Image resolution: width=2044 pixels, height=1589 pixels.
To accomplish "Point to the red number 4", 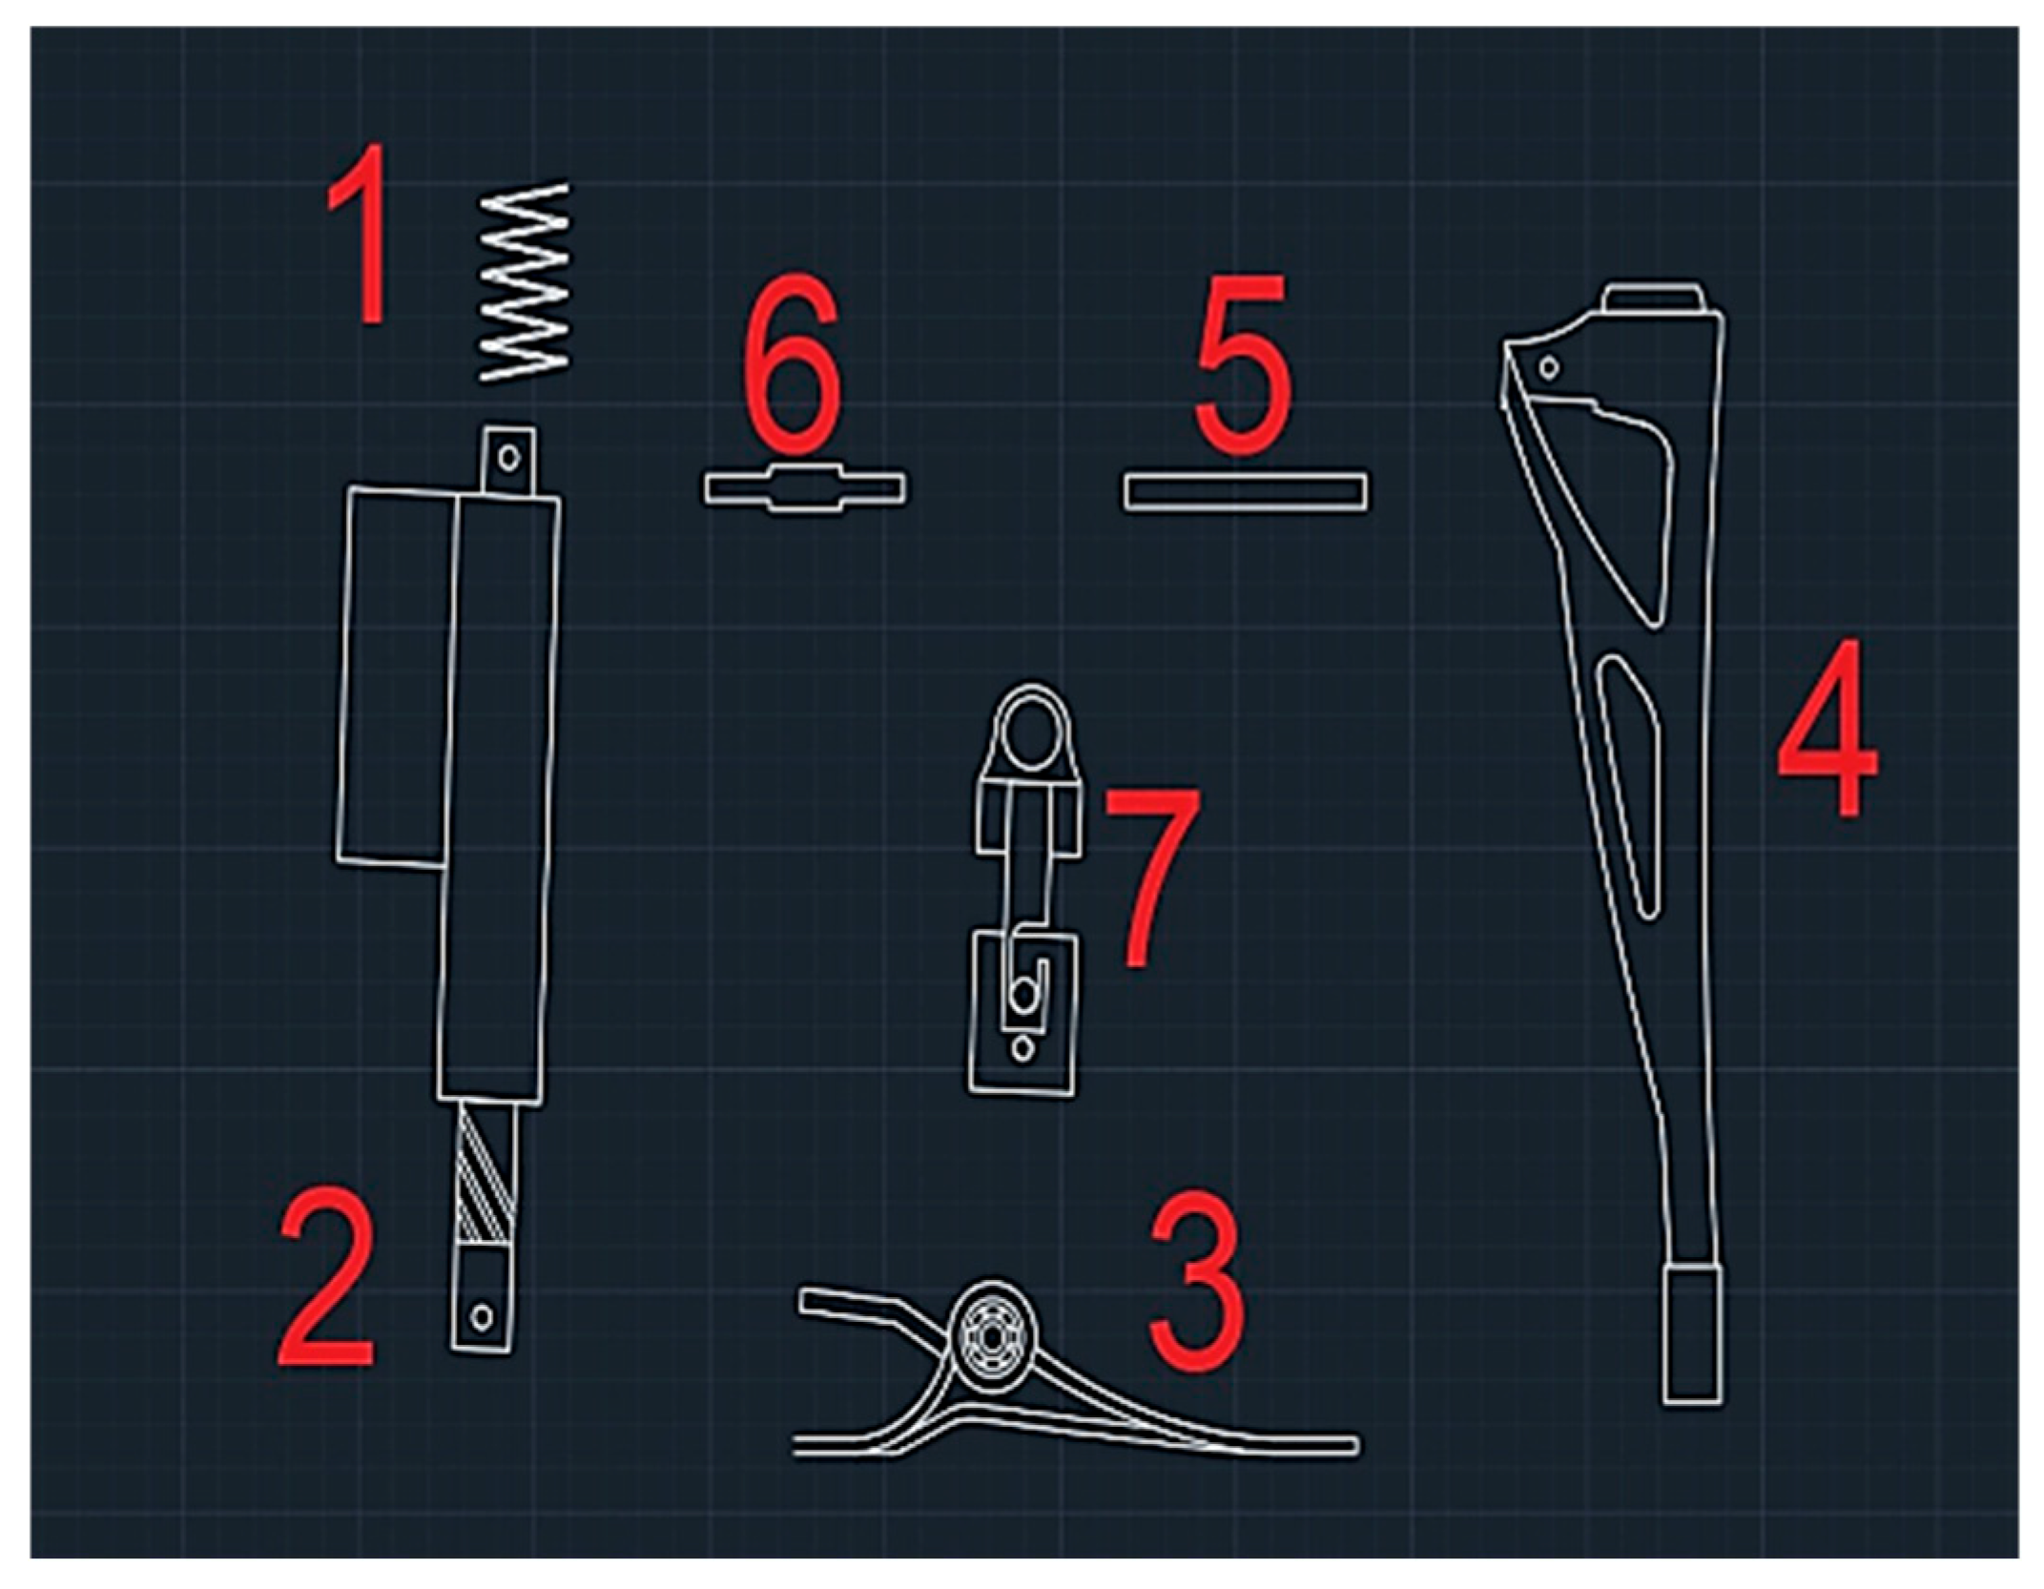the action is click(1826, 728).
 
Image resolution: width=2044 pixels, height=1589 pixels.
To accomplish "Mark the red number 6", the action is click(793, 363).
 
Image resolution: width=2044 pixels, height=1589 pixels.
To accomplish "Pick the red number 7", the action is click(1152, 875).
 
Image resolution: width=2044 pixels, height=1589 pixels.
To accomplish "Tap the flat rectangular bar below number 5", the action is click(1245, 492).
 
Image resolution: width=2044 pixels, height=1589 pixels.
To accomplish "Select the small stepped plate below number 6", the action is click(806, 488).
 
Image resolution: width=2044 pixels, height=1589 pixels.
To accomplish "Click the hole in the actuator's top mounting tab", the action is click(509, 458).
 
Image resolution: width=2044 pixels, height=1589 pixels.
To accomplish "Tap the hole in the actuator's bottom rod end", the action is click(483, 1317).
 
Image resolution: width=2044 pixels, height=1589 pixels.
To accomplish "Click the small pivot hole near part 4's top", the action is click(1549, 366).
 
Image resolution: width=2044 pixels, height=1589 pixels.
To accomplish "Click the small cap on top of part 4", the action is click(1652, 297).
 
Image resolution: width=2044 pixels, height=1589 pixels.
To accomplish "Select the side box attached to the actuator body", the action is click(395, 677).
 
